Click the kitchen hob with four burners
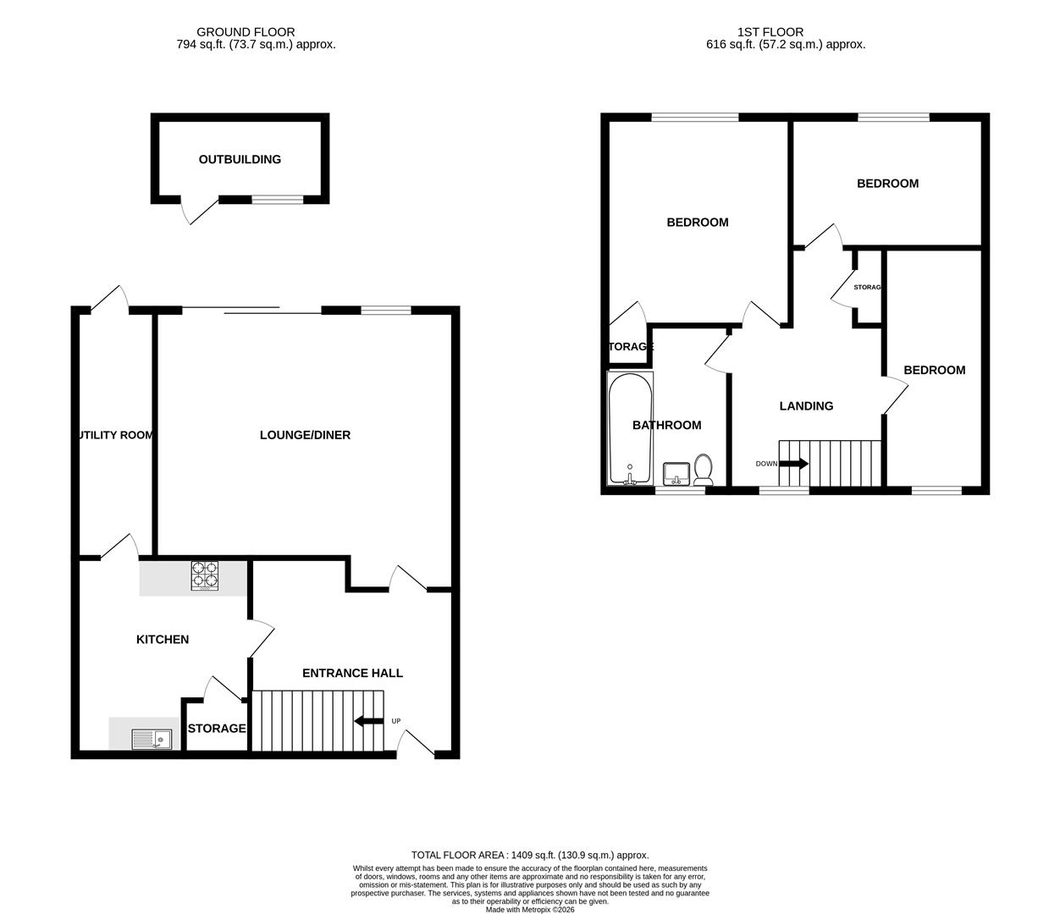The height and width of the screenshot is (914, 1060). coord(204,575)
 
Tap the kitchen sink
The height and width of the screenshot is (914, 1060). coord(151,739)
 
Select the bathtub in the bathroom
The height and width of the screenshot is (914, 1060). coord(630,427)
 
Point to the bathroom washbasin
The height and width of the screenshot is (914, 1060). coord(676,472)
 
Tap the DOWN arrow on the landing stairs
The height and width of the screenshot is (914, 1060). coord(793,464)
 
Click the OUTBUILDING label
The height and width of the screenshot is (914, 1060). coord(240,159)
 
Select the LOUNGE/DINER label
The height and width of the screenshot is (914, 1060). coord(305,435)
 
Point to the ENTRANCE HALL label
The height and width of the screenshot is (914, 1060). coord(352,673)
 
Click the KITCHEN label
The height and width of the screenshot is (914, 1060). coord(163,639)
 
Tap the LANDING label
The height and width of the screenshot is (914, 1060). coord(806,405)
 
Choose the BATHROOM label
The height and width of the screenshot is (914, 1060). coord(666,425)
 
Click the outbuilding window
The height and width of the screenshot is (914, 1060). coord(278,200)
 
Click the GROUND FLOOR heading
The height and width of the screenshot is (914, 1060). coord(246,32)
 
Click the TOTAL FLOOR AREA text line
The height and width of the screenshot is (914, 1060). coord(530,855)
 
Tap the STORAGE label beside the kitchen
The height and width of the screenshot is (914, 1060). coord(217,728)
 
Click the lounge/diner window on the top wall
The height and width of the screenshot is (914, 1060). coord(385,311)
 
